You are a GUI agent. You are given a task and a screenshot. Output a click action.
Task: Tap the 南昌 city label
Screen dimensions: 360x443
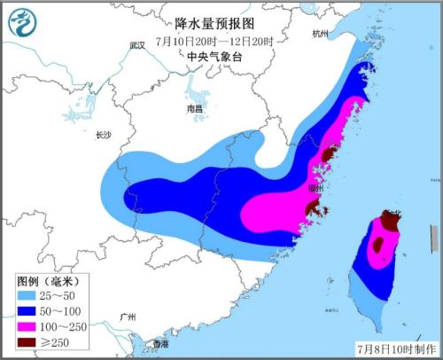coord(195,108)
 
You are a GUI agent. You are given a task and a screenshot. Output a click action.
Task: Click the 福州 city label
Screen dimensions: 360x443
coord(315,189)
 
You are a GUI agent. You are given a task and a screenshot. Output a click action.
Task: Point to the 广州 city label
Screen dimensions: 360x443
coord(128,317)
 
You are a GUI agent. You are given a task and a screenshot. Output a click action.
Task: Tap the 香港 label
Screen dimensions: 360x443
coord(160,342)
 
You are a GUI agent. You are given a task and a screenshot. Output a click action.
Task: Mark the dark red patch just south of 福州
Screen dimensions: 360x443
coord(313,208)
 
